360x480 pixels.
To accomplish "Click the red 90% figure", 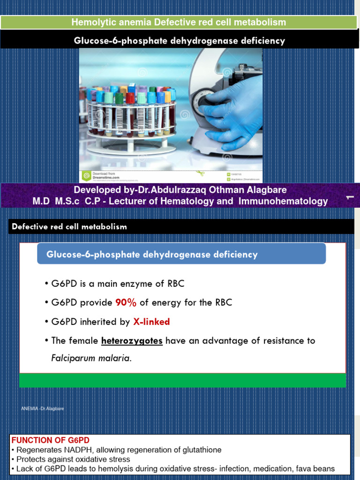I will (126, 303).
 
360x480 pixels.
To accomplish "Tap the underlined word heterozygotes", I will (132, 341).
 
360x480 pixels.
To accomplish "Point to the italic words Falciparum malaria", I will (91, 359).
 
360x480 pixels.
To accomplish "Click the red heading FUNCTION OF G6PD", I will (50, 441).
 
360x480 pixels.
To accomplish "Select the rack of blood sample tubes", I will (129, 110).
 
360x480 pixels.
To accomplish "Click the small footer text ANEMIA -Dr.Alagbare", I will (43, 409).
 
